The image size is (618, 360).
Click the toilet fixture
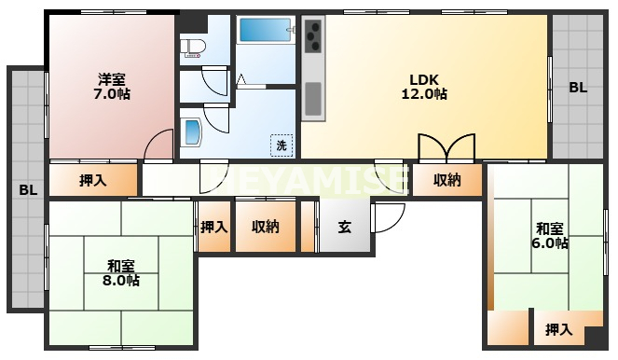click(193, 47)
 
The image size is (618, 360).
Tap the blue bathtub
click(265, 31)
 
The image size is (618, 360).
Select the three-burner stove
click(314, 36)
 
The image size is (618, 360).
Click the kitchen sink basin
click(313, 99)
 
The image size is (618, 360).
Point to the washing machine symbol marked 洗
click(282, 145)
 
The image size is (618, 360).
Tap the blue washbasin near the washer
click(193, 132)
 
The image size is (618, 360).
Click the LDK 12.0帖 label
click(424, 87)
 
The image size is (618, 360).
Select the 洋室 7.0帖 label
click(112, 87)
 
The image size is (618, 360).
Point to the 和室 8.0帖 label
click(121, 273)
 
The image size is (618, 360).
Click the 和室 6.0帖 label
click(550, 236)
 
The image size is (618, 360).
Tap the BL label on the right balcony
click(578, 88)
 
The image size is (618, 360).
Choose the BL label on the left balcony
click(28, 190)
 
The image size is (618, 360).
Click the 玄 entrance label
click(345, 227)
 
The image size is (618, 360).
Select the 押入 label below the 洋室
click(93, 181)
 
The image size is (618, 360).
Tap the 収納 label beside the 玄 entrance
click(266, 227)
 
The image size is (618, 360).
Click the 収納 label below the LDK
click(447, 180)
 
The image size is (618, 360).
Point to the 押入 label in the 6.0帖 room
click(559, 329)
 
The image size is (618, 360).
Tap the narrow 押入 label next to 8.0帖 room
click(214, 228)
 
